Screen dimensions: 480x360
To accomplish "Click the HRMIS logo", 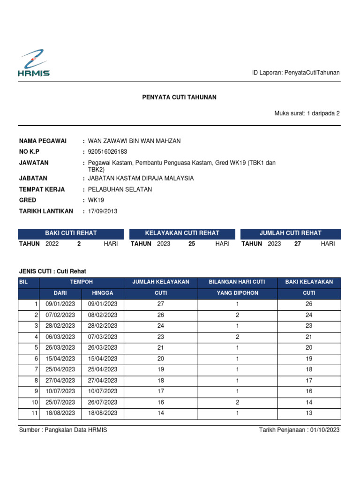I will (x=33, y=63).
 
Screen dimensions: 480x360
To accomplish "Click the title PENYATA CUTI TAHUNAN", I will (x=180, y=97).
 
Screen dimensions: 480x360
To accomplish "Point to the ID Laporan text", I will (x=296, y=73).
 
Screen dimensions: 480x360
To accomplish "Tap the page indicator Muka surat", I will (x=307, y=113).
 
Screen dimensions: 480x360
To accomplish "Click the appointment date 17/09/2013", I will (x=103, y=211).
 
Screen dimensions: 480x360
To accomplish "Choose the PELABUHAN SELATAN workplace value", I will (x=120, y=189).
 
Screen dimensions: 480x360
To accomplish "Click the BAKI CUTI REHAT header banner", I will (x=71, y=233).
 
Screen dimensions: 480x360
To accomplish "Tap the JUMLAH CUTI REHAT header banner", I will (x=291, y=233).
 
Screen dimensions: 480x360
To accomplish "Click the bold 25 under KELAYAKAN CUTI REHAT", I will (x=192, y=244).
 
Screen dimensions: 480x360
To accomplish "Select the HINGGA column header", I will (x=103, y=293).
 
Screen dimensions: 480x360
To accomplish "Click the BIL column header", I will (x=23, y=282).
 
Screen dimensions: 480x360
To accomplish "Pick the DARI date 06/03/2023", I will (x=60, y=337).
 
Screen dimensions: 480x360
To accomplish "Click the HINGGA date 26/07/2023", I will (x=103, y=403).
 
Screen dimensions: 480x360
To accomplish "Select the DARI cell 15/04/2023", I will (x=60, y=359).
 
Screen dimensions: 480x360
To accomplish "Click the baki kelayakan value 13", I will (x=309, y=413).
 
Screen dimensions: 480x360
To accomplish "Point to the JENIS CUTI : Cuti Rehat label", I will (x=52, y=271).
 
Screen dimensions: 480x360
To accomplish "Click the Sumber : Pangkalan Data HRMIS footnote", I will (x=63, y=430).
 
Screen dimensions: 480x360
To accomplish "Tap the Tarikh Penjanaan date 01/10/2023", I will (x=324, y=430).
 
